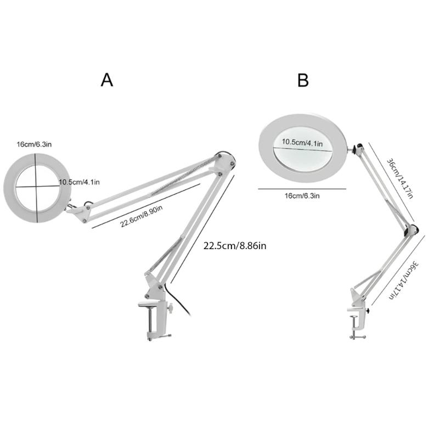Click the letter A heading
pos(107,80)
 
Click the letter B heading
pos(303,80)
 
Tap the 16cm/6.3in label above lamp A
pos(34,144)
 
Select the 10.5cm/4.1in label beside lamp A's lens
pos(79,182)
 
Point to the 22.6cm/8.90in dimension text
pos(142,216)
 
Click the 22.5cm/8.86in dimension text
pos(235,246)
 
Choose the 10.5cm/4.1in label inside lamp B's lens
pos(302,143)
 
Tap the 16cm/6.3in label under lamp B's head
pos(302,196)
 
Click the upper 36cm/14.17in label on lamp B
pos(400,179)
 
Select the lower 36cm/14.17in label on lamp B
pos(404,280)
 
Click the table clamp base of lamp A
pos(155,321)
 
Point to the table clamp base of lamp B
pos(357,323)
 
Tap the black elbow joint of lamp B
pos(411,230)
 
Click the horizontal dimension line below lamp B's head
pos(302,189)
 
